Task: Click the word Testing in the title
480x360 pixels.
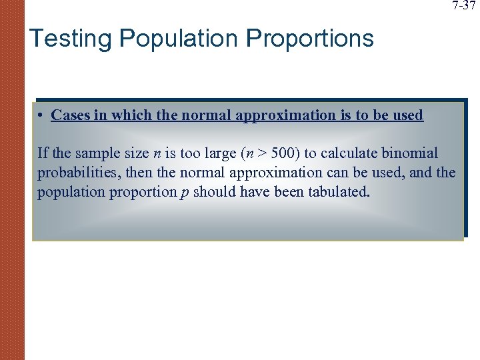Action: point(69,39)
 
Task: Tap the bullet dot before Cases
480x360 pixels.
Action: point(41,115)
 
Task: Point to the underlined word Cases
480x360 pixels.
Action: point(69,115)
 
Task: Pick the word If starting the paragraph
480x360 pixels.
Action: point(43,154)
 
